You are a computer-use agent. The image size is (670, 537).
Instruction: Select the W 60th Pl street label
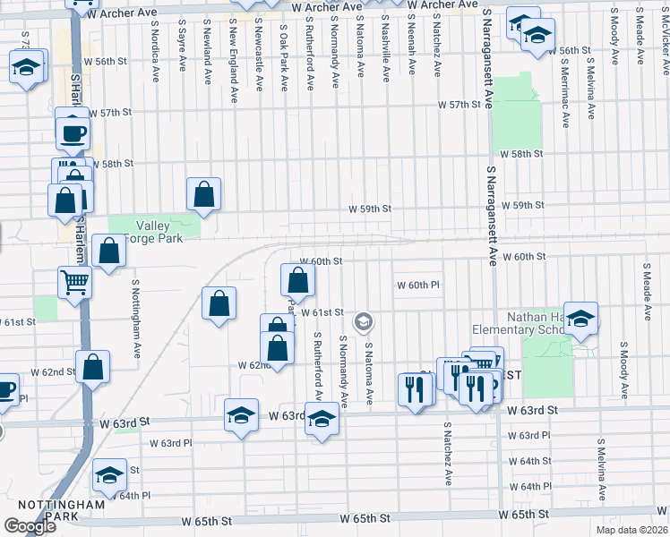419,285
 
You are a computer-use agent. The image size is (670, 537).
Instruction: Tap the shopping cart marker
75,282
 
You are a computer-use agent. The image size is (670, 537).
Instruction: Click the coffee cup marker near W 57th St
73,133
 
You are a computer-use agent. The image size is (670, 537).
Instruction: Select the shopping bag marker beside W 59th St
204,193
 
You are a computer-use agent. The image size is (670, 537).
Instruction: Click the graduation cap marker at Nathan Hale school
580,319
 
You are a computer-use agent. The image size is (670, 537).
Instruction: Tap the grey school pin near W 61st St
364,321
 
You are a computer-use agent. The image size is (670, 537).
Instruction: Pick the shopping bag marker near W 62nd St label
92,366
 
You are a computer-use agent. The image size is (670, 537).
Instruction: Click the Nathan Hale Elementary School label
529,323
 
